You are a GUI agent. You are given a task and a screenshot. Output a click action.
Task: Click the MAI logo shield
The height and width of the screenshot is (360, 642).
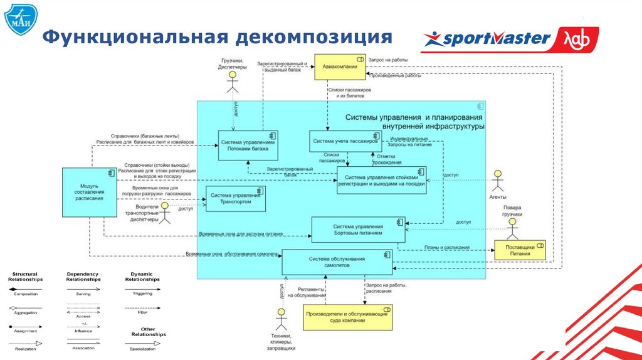pyautogui.click(x=19, y=21)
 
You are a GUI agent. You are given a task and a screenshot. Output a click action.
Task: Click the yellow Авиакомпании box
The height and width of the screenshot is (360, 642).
pyautogui.click(x=339, y=66)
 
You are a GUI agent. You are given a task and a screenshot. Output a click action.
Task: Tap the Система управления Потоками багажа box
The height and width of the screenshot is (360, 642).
pyautogui.click(x=248, y=145)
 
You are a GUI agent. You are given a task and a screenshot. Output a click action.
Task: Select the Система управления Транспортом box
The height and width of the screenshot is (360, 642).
pyautogui.click(x=235, y=199)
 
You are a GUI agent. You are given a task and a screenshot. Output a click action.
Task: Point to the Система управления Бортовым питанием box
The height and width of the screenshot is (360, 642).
pyautogui.click(x=357, y=229)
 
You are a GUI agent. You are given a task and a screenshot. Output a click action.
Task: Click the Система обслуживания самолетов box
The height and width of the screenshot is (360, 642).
pyautogui.click(x=337, y=262)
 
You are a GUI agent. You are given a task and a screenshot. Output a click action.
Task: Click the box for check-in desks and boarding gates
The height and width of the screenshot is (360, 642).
pyautogui.click(x=381, y=180)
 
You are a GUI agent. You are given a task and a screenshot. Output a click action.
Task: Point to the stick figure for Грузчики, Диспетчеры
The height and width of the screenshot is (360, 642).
pyautogui.click(x=233, y=81)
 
